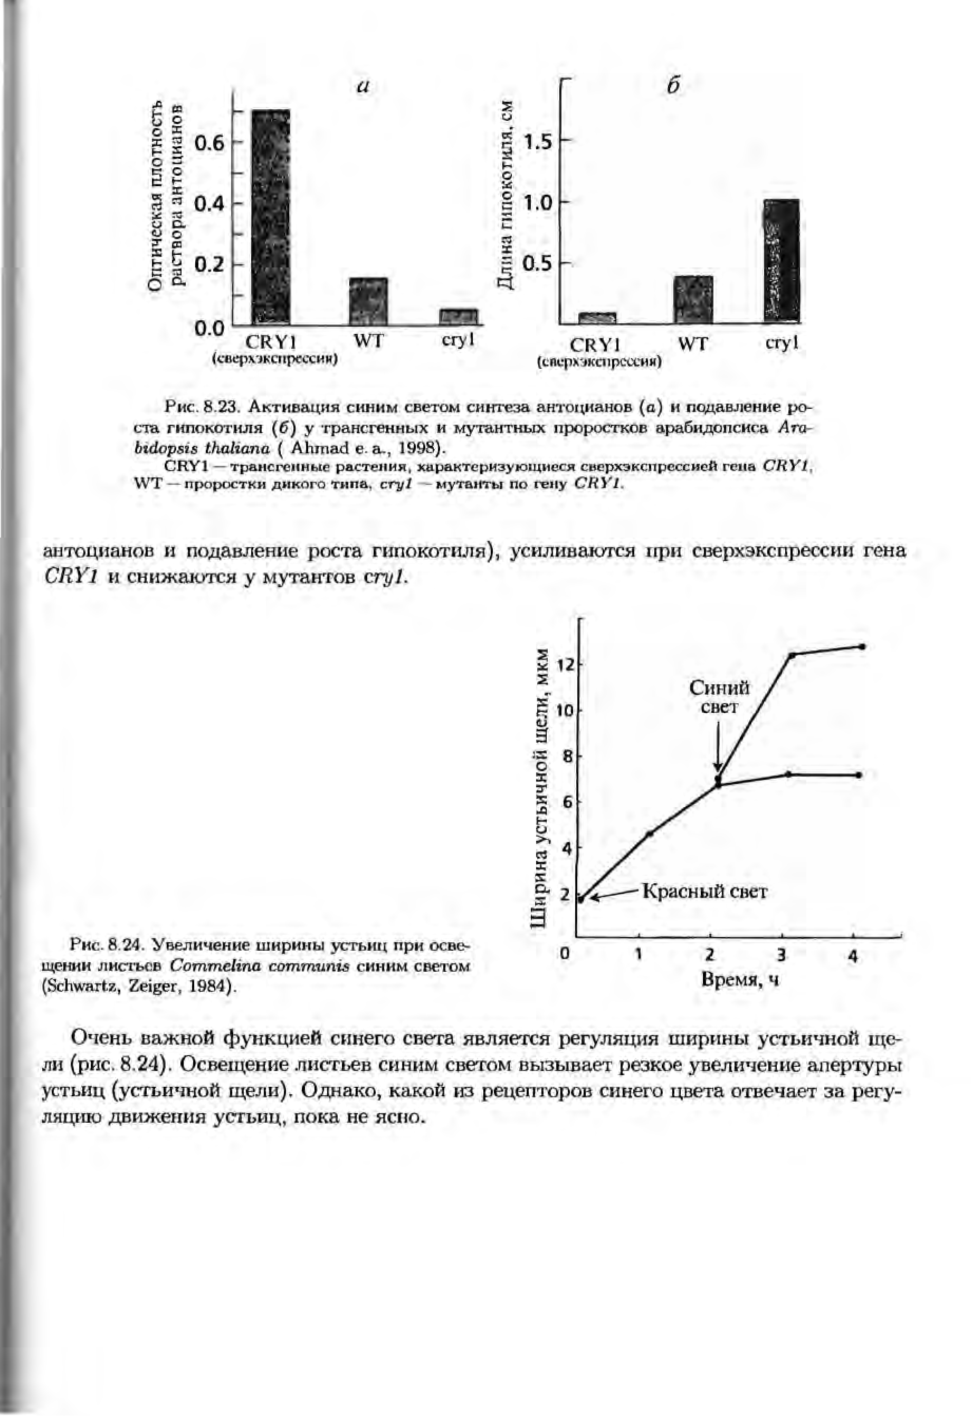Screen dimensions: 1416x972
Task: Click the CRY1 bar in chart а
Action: click(271, 217)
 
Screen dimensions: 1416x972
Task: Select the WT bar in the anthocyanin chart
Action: click(368, 301)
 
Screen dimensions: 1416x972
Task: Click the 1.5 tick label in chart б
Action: click(538, 142)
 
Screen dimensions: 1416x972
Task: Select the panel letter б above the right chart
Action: click(673, 87)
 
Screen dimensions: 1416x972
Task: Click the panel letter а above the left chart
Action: click(363, 87)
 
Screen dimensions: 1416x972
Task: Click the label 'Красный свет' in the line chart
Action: click(705, 892)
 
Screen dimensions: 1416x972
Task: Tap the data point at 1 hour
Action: click(650, 834)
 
